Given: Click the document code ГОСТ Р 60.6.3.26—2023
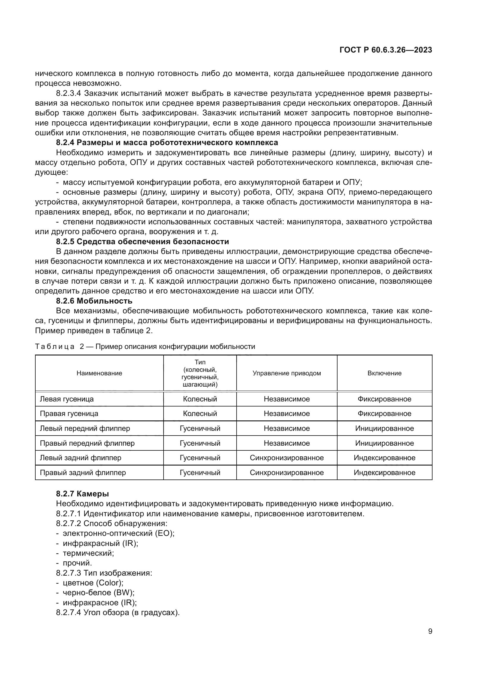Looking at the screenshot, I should [x=386, y=50].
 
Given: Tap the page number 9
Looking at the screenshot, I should [x=430, y=631].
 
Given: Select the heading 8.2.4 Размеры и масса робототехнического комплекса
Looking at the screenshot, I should [x=167, y=143].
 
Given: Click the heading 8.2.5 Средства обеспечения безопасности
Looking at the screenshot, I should [x=142, y=242].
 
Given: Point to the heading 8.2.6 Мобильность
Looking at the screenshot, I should [x=94, y=301].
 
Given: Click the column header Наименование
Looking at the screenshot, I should [x=99, y=373].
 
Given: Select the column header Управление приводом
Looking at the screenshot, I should [x=287, y=373].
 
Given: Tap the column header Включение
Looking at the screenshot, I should [x=384, y=373].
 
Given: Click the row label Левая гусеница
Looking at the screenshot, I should [x=67, y=399].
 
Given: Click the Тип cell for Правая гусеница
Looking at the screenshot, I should [x=200, y=414].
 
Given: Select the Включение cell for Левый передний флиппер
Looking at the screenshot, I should [x=384, y=428].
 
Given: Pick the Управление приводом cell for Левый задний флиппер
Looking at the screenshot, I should [x=287, y=458].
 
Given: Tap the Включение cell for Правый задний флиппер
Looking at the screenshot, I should [x=384, y=472].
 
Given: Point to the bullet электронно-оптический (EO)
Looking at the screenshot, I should [x=118, y=533].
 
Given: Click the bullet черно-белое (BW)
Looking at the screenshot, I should [x=99, y=593].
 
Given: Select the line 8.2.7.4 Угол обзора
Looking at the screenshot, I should [x=118, y=613].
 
